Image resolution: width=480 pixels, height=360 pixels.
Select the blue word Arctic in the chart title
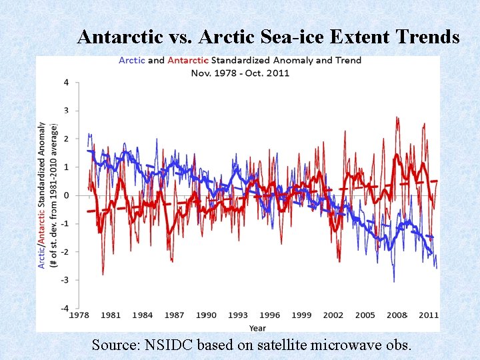(x=132, y=60)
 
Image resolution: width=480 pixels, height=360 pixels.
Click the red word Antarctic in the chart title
(x=188, y=60)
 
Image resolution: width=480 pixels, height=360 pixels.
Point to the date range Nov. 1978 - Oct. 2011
(x=240, y=72)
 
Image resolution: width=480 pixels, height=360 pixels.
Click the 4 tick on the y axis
(x=65, y=83)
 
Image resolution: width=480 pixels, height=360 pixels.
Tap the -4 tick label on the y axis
(x=64, y=308)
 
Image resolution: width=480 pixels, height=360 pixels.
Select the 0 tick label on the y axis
(x=65, y=195)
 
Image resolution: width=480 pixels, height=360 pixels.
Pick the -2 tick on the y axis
(x=64, y=252)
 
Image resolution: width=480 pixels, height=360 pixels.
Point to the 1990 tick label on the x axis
(x=207, y=315)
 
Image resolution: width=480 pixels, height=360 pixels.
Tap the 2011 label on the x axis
(x=429, y=315)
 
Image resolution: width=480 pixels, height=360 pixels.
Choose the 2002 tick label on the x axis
(x=333, y=315)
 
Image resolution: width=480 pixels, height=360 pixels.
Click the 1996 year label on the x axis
(x=269, y=315)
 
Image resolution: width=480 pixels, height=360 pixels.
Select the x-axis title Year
(x=257, y=327)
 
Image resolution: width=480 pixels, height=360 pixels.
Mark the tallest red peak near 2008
(x=397, y=118)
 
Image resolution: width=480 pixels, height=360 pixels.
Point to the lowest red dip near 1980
(x=103, y=274)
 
